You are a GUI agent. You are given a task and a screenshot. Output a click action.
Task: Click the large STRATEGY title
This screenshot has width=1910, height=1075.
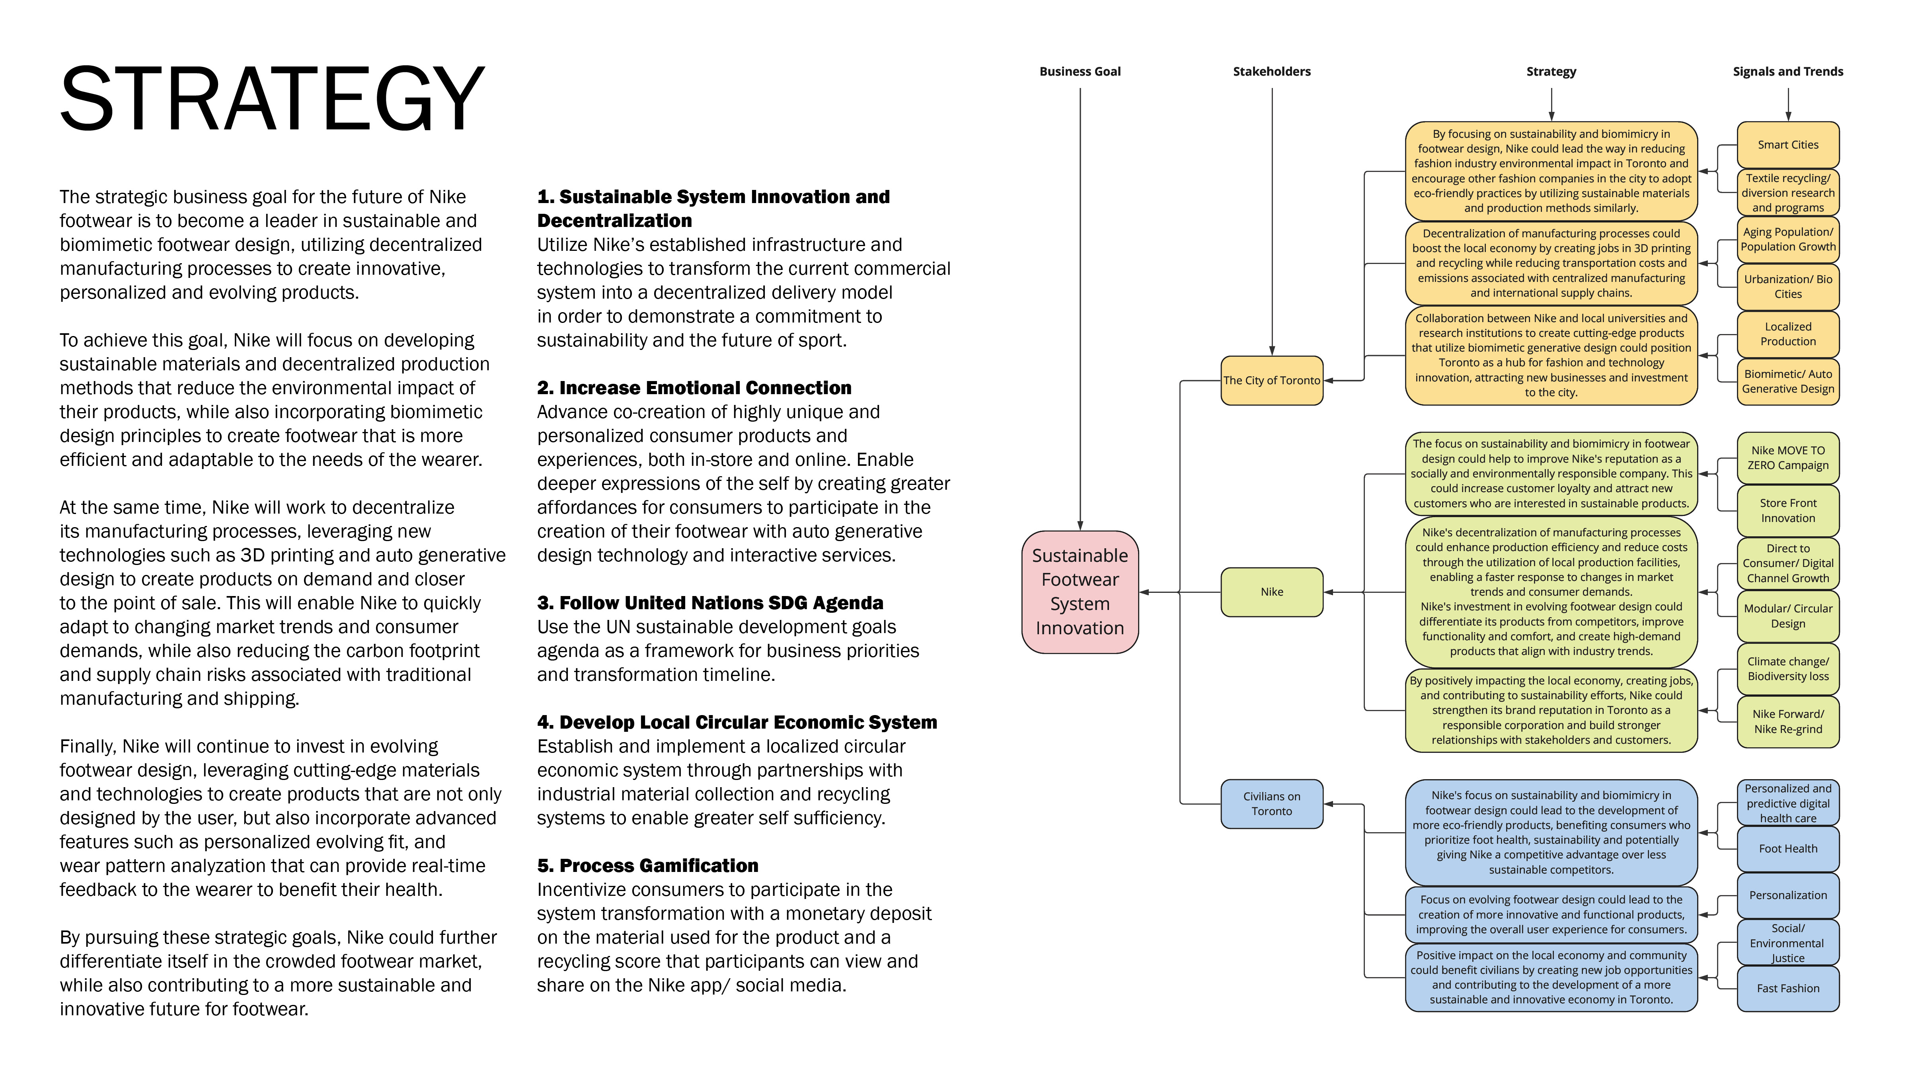point(272,99)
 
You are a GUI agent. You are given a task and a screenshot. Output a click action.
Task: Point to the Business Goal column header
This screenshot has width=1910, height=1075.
point(1080,71)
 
